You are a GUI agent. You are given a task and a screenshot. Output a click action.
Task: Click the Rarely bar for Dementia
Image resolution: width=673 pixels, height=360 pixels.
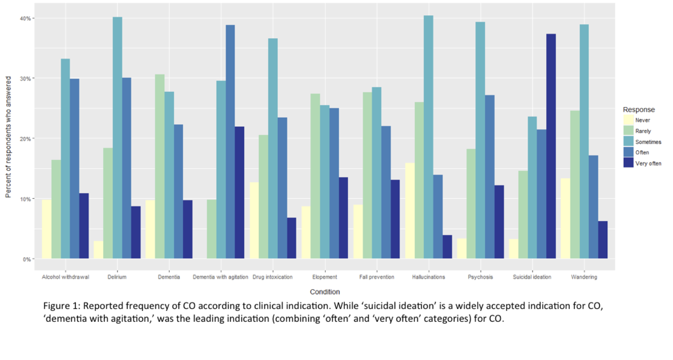tap(159, 166)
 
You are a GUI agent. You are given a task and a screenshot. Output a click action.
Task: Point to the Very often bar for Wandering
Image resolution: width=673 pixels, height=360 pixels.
tap(603, 240)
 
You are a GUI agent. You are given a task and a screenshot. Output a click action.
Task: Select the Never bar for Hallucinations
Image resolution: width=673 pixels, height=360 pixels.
tap(410, 211)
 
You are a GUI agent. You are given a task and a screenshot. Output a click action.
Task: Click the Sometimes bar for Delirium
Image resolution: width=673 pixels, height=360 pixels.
tap(117, 138)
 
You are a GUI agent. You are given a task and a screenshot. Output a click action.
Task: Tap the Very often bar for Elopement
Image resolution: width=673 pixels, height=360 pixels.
tap(343, 218)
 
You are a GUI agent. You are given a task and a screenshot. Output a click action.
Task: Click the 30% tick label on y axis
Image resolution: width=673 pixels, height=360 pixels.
tap(25, 79)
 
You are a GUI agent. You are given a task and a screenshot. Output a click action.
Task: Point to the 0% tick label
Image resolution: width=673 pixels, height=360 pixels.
tap(27, 259)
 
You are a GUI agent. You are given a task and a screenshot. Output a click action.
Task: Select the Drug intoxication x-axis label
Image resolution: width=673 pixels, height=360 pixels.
tap(272, 277)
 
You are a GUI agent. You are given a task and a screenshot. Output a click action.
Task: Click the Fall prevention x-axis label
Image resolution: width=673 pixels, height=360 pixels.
tap(377, 277)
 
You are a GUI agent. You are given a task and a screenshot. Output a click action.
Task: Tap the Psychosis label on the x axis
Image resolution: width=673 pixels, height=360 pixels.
tap(480, 277)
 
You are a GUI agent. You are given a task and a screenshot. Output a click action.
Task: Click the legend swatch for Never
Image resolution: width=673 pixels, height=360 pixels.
tap(628, 120)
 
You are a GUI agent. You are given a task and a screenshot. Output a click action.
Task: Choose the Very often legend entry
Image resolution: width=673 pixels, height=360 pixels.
tap(648, 163)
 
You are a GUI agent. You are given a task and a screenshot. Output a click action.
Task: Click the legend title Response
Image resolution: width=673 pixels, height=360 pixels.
tap(639, 109)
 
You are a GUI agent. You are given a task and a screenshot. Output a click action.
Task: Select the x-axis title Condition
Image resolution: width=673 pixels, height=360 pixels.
tap(325, 292)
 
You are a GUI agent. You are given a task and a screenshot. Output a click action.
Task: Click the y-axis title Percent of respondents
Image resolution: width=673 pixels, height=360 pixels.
tap(8, 137)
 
